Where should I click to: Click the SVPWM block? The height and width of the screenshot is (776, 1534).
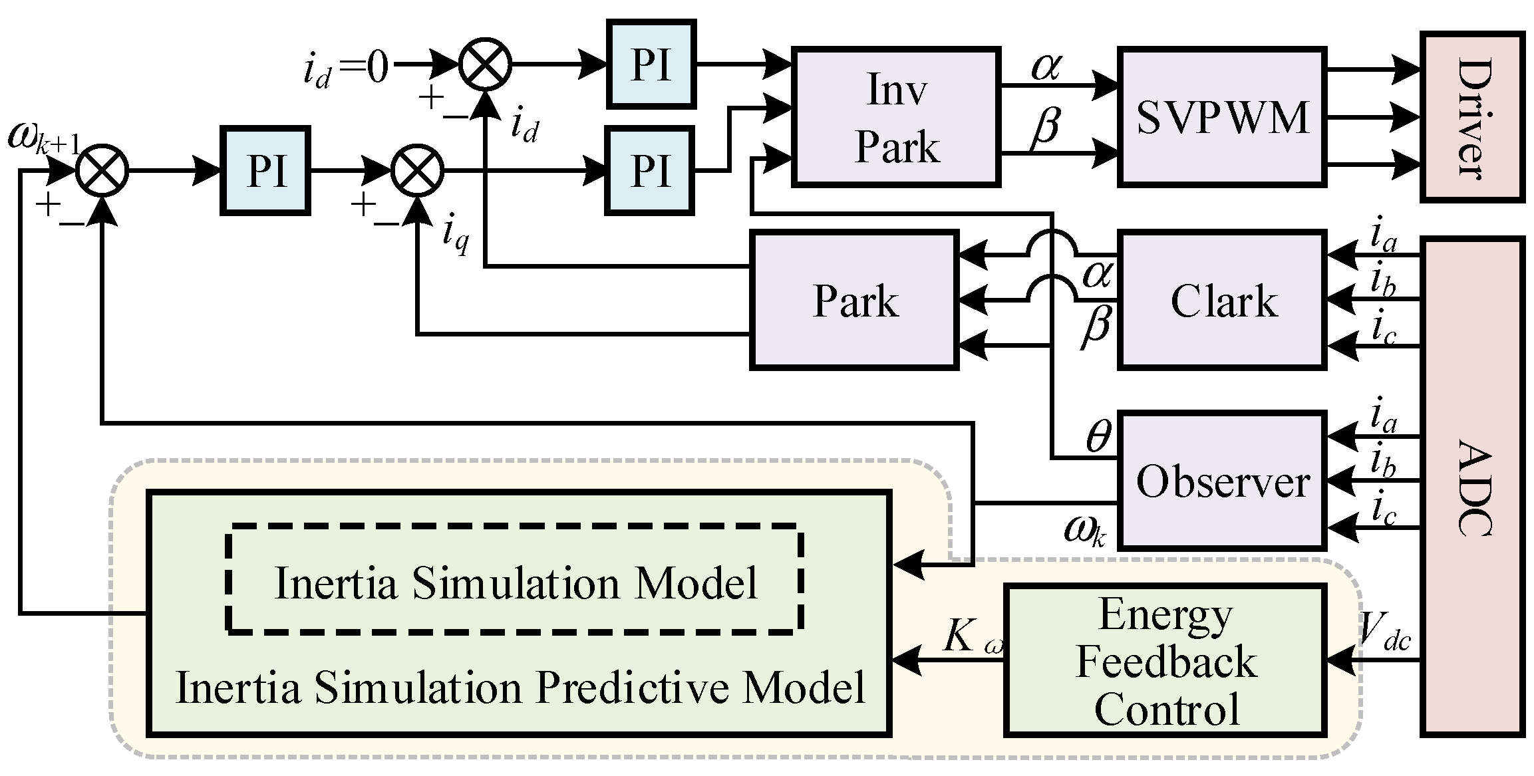click(1222, 116)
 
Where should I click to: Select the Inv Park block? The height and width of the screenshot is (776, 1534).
click(896, 117)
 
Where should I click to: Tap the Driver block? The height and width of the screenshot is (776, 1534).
click(1472, 116)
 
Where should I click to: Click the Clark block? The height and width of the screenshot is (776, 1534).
click(1222, 300)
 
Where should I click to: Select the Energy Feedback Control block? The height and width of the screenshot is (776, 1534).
click(1165, 660)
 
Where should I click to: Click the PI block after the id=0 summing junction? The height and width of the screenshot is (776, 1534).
click(651, 65)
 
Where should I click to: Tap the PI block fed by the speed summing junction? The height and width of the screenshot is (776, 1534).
click(265, 171)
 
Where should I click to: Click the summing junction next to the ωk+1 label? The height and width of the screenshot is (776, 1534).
click(102, 171)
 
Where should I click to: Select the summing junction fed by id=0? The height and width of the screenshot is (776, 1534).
click(485, 65)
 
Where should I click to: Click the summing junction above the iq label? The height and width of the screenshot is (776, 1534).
click(416, 171)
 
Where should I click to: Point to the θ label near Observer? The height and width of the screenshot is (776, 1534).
click(1098, 438)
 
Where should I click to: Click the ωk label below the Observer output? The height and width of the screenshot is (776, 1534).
click(1084, 531)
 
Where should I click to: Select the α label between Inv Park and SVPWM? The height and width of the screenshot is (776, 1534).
click(1046, 66)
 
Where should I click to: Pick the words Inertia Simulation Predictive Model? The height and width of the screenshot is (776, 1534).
click(520, 688)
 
